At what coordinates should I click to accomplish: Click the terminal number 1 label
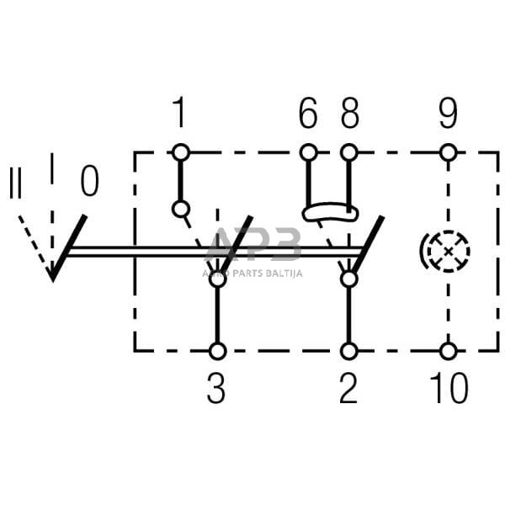click(x=179, y=113)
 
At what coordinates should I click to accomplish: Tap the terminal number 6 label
click(x=308, y=113)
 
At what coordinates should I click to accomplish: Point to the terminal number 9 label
click(x=448, y=113)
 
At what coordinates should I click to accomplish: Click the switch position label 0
click(x=89, y=180)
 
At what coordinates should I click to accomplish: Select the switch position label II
click(x=15, y=183)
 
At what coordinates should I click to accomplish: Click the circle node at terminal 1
click(x=179, y=152)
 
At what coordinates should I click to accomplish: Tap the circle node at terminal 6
click(x=308, y=152)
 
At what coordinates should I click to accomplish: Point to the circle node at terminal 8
click(x=348, y=152)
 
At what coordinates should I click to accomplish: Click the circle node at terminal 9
click(x=448, y=152)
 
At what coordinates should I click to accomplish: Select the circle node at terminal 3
click(x=217, y=351)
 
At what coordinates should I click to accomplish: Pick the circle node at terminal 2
click(x=348, y=351)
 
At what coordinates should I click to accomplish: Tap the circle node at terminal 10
click(x=448, y=351)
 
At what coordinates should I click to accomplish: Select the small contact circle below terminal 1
click(x=179, y=208)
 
